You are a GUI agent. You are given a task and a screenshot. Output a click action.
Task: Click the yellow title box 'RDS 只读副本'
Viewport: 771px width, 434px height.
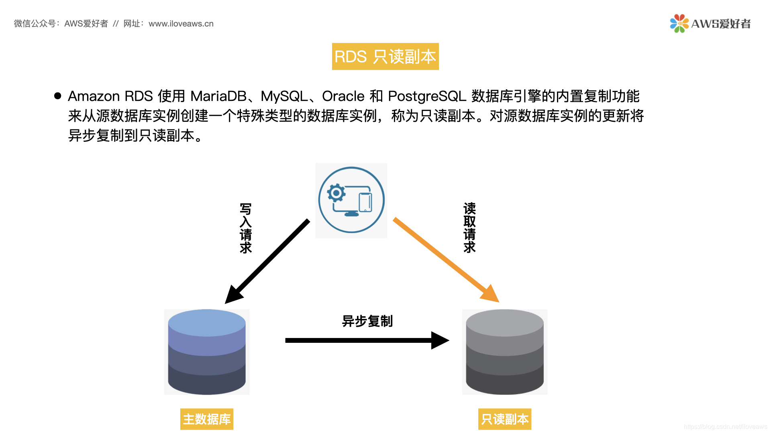click(x=385, y=57)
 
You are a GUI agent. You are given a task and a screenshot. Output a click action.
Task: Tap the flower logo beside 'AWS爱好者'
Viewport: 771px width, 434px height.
click(x=679, y=24)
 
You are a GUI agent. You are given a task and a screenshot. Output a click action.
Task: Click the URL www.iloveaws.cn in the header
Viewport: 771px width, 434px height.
click(x=181, y=24)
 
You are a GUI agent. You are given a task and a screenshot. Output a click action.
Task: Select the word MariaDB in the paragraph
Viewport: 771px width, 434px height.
click(x=218, y=96)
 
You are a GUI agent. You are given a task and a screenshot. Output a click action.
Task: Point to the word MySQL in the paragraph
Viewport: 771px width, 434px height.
click(x=284, y=96)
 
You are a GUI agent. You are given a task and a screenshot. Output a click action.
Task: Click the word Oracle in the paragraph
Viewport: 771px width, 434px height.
click(x=343, y=96)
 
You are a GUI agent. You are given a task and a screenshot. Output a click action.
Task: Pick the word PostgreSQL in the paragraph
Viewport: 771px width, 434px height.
click(x=427, y=96)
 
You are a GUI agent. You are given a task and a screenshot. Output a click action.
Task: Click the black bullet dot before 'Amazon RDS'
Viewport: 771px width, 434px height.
click(x=58, y=96)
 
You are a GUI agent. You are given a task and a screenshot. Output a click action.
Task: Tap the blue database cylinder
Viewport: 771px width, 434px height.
click(x=207, y=352)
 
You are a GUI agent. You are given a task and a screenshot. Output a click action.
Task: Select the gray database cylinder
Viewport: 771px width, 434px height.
click(x=505, y=352)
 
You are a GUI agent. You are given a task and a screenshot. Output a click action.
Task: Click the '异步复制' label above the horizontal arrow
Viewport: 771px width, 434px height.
click(x=367, y=321)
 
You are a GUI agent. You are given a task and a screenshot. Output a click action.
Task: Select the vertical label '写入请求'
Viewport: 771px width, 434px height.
click(x=245, y=228)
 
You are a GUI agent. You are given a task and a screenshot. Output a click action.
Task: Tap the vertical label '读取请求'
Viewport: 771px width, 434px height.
click(x=469, y=227)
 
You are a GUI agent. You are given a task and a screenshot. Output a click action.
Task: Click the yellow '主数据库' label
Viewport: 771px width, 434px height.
click(x=207, y=419)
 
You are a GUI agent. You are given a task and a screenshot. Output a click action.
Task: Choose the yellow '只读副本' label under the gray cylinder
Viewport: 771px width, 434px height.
click(x=505, y=419)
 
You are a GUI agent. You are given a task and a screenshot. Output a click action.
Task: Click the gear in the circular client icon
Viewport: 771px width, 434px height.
click(x=336, y=193)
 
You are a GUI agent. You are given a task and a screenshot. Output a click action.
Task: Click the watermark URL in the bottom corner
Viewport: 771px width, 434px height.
click(x=725, y=427)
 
